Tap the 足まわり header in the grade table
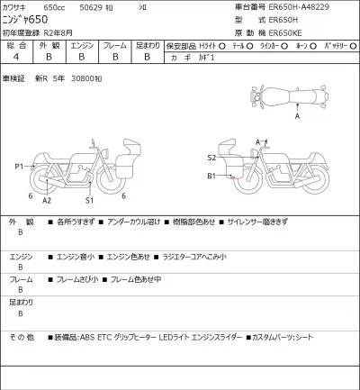click(x=146, y=43)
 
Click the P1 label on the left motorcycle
click(x=19, y=167)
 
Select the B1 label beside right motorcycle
click(x=212, y=177)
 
